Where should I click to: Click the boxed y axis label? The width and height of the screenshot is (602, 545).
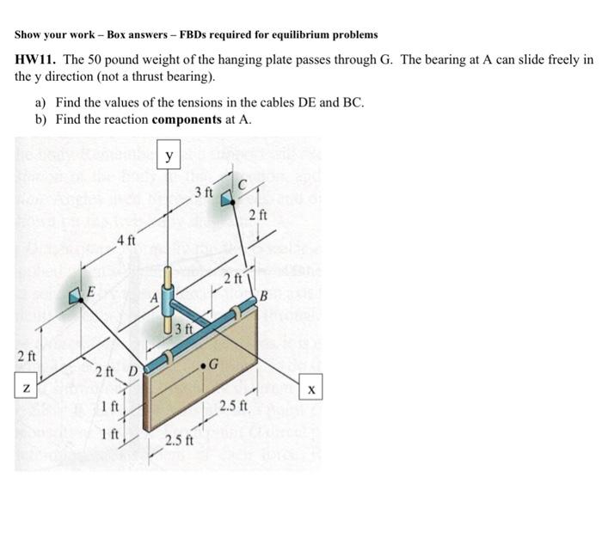pyautogui.click(x=169, y=156)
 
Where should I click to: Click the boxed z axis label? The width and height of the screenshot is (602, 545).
pyautogui.click(x=28, y=390)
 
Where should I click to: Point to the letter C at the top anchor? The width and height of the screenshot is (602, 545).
pyautogui.click(x=243, y=184)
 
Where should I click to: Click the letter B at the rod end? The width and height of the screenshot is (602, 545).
pyautogui.click(x=265, y=297)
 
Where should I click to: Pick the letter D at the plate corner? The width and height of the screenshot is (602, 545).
pyautogui.click(x=133, y=370)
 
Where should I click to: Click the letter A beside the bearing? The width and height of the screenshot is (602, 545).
pyautogui.click(x=154, y=298)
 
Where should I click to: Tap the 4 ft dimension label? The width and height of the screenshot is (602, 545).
pyautogui.click(x=126, y=241)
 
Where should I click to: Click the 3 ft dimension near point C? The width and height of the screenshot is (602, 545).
pyautogui.click(x=202, y=191)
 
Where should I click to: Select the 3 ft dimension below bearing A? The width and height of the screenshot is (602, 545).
pyautogui.click(x=181, y=329)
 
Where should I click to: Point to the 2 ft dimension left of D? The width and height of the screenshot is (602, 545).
pyautogui.click(x=104, y=371)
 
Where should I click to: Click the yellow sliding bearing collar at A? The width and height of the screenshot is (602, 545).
pyautogui.click(x=168, y=283)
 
